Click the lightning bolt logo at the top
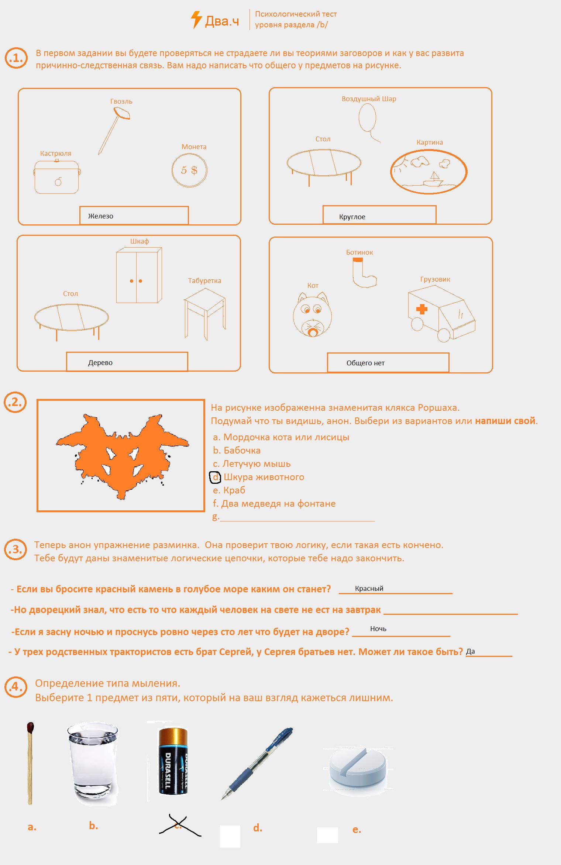[x=196, y=20]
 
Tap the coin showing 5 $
[x=189, y=170]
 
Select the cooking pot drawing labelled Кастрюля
[x=57, y=177]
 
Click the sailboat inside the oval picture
[x=434, y=178]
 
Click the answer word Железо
[x=101, y=216]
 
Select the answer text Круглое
[x=352, y=217]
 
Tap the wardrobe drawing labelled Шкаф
[x=138, y=276]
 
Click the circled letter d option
[x=216, y=477]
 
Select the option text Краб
[x=234, y=490]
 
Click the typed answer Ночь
[x=378, y=629]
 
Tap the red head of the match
[x=30, y=727]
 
